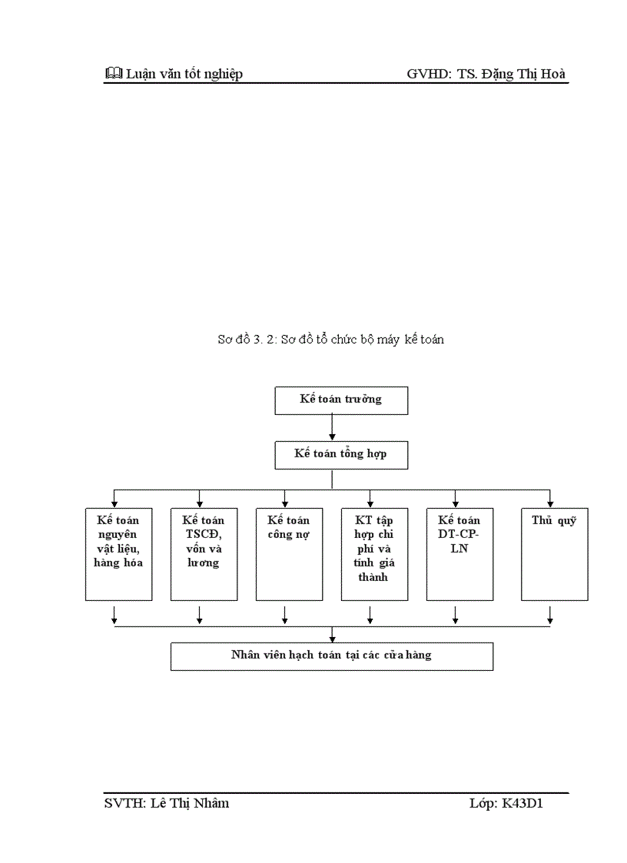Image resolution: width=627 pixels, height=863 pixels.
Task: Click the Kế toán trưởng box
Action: [x=341, y=400]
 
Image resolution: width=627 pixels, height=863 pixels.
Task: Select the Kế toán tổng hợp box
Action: [x=341, y=454]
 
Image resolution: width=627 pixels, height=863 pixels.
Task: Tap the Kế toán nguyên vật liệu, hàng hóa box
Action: [x=118, y=553]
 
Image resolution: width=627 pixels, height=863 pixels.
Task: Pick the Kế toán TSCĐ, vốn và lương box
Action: [x=204, y=553]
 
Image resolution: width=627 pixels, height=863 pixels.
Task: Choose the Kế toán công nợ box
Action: [x=289, y=553]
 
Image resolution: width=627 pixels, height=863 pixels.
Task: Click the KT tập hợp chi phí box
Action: [x=374, y=553]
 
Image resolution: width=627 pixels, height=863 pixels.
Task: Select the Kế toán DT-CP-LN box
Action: [x=459, y=553]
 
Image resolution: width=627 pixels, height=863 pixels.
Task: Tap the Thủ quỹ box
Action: [x=554, y=553]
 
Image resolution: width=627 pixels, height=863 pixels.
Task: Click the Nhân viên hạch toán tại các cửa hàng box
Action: [x=331, y=656]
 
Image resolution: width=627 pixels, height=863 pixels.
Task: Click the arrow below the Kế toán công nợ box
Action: [x=285, y=615]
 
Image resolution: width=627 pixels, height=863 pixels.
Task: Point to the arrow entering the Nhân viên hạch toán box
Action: [x=332, y=635]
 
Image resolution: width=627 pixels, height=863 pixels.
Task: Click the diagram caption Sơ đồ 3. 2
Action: [x=330, y=339]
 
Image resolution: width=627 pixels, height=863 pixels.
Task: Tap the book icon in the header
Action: [x=112, y=74]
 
